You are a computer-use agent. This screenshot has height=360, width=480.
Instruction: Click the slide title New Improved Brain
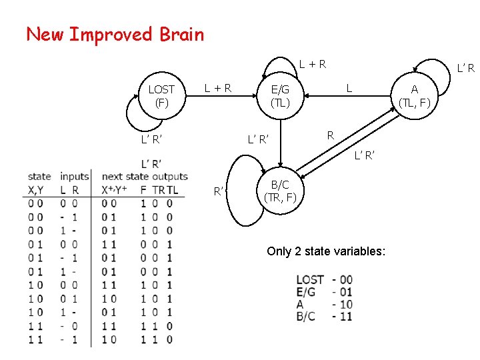click(x=115, y=34)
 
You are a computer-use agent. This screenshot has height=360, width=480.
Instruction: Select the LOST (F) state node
click(x=161, y=96)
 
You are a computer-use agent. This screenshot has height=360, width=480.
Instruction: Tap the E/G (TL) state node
click(x=280, y=96)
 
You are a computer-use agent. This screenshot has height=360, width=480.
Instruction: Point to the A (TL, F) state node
click(x=415, y=96)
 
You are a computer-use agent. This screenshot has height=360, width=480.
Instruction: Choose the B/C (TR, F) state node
click(x=280, y=191)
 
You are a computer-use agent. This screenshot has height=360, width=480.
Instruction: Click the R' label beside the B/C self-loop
click(x=218, y=192)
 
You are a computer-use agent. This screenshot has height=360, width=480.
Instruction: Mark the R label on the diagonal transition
click(x=330, y=135)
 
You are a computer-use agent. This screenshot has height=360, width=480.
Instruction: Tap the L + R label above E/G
click(x=312, y=64)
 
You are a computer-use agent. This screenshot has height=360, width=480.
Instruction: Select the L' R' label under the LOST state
click(x=151, y=139)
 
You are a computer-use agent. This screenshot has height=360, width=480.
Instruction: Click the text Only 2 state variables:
click(x=325, y=251)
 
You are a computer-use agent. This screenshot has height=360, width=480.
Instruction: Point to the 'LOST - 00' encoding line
click(x=324, y=279)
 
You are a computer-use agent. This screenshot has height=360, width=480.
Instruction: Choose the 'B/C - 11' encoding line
click(x=324, y=317)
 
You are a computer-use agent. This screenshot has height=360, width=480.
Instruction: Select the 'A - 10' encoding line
click(x=324, y=305)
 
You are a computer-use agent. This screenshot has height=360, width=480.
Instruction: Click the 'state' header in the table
click(x=39, y=177)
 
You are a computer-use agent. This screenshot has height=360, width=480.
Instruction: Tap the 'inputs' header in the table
click(x=74, y=177)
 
